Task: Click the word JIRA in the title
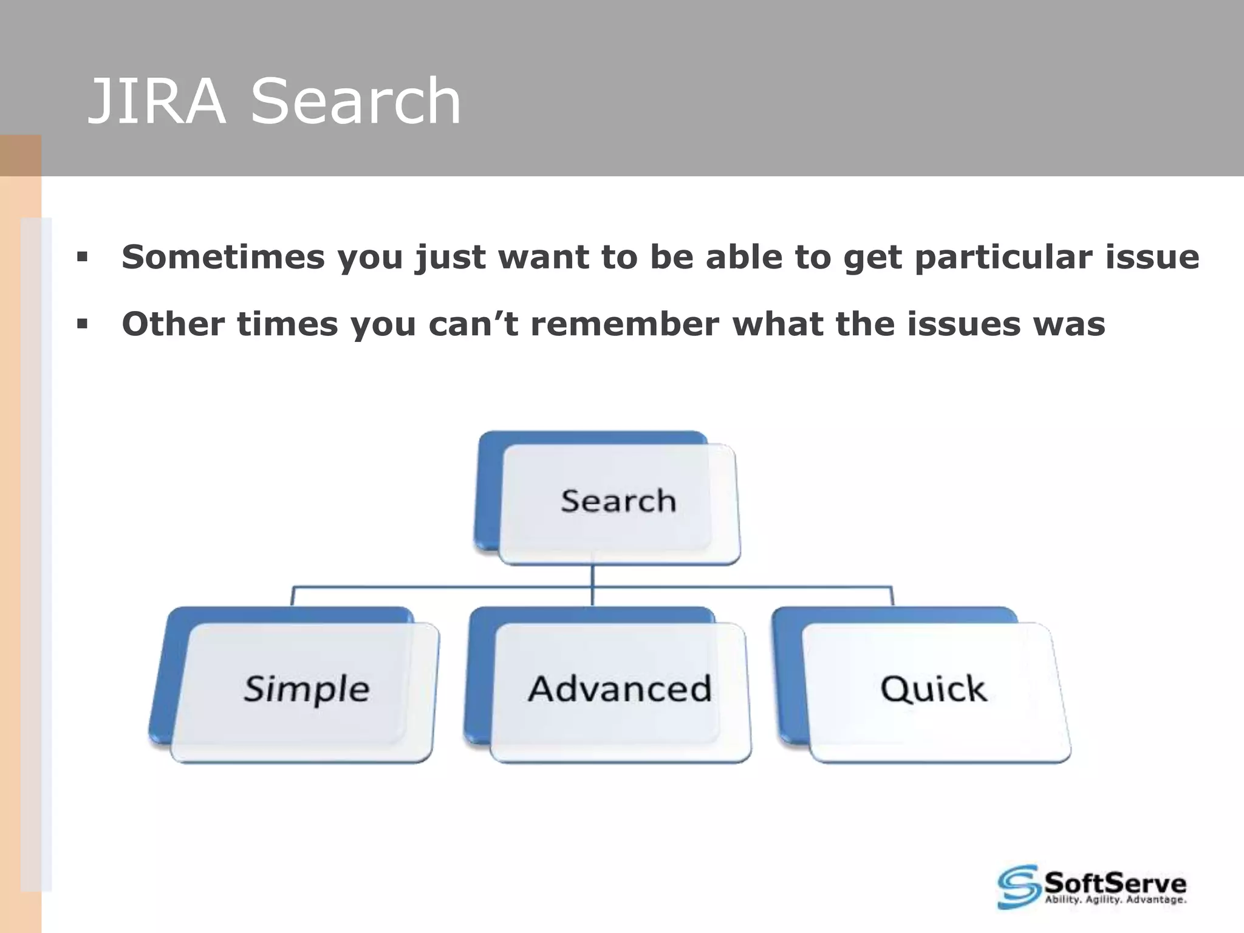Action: pyautogui.click(x=157, y=102)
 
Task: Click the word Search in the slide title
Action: pyautogui.click(x=356, y=102)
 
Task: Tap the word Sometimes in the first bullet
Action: pyautogui.click(x=223, y=256)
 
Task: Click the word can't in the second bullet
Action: pyautogui.click(x=473, y=323)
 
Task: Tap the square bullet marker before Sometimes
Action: pyautogui.click(x=82, y=258)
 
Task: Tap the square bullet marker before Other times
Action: pyautogui.click(x=82, y=324)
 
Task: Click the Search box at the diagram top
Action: pyautogui.click(x=618, y=502)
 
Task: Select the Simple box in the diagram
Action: pyautogui.click(x=306, y=689)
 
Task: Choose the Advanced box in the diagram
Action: pyautogui.click(x=619, y=689)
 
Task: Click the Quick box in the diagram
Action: pyautogui.click(x=934, y=689)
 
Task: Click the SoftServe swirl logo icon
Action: pyautogui.click(x=1019, y=887)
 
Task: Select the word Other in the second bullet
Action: pyautogui.click(x=173, y=323)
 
